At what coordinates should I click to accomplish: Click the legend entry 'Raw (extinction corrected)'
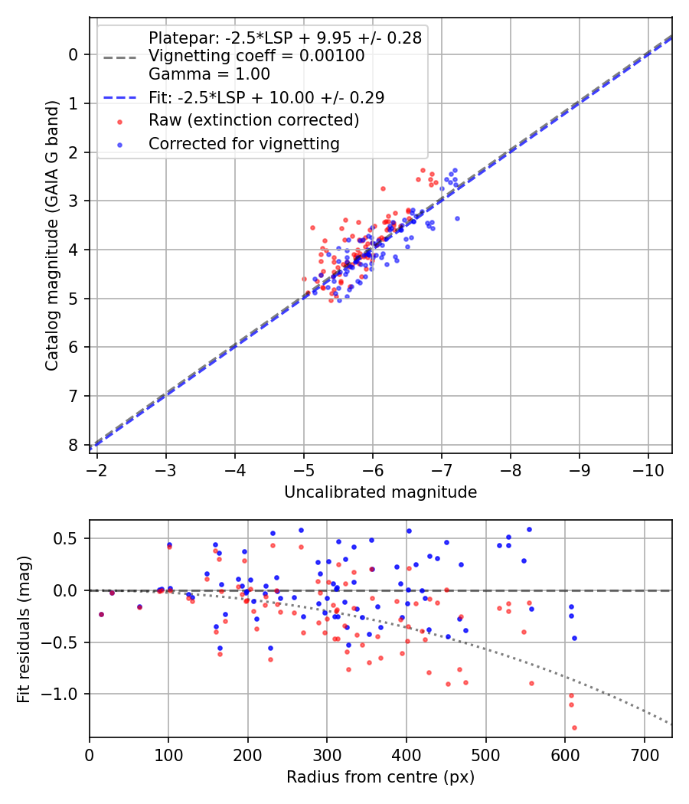253,120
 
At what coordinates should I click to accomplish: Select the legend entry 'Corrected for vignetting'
243,143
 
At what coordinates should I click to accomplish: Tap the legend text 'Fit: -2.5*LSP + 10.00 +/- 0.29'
266,97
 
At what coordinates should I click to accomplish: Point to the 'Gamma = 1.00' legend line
209,74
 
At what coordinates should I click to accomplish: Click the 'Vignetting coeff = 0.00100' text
256,56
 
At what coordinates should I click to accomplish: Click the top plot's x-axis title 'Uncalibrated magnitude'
380,492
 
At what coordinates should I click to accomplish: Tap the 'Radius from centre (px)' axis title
380,777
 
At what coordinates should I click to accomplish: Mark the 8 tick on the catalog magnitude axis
73,445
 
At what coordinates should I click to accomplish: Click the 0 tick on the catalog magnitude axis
73,54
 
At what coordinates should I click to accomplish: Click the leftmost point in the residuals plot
101,614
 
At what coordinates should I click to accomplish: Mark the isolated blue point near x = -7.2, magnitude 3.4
457,218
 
